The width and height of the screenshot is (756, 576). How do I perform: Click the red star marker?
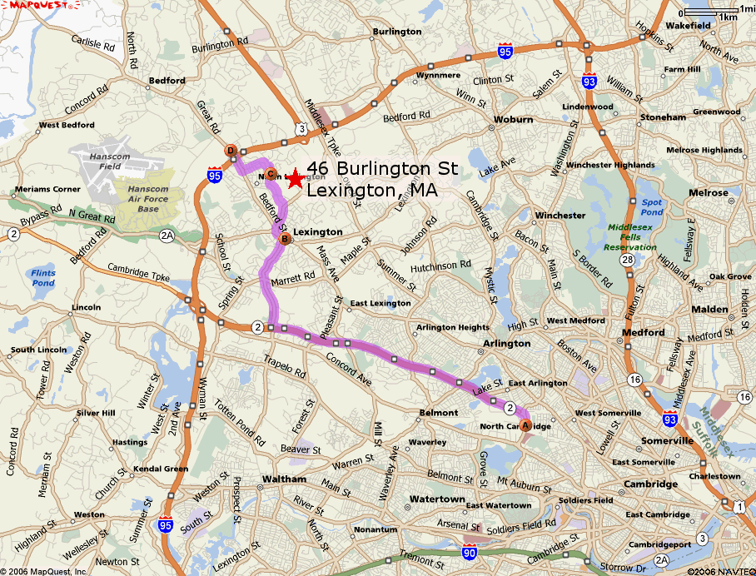coord(294,178)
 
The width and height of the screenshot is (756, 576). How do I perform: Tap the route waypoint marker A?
coord(525,425)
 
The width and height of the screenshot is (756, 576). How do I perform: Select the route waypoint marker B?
coord(284,240)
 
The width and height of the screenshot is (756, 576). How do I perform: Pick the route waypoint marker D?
coord(231,151)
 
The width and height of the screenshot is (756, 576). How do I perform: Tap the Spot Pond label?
coord(652,207)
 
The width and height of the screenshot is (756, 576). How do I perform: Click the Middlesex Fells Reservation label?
coord(630,236)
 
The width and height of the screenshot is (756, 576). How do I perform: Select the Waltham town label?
coord(284,479)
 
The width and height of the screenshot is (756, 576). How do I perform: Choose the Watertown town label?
coord(437,499)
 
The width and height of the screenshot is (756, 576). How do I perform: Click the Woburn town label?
coord(513,120)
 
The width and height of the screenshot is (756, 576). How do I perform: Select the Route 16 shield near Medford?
coord(634,379)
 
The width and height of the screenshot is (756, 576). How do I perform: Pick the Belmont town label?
coord(438,413)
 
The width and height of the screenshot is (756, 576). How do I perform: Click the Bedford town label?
coord(167,81)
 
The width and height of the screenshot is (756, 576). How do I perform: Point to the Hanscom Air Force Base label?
coord(147,199)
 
